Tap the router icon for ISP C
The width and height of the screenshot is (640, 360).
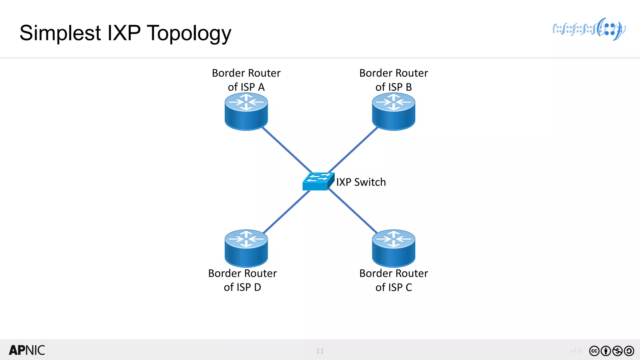pyautogui.click(x=393, y=248)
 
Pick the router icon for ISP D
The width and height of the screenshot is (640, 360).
pyautogui.click(x=246, y=248)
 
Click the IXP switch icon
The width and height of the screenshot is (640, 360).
pyautogui.click(x=318, y=182)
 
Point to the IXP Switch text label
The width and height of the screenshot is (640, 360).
pyautogui.click(x=361, y=182)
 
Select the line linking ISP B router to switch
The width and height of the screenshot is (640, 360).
pyautogui.click(x=353, y=149)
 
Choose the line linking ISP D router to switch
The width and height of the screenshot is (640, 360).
pyautogui.click(x=287, y=212)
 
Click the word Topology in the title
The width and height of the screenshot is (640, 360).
pyautogui.click(x=189, y=33)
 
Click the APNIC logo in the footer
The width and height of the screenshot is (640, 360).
pyautogui.click(x=27, y=350)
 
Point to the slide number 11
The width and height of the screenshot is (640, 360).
pyautogui.click(x=320, y=351)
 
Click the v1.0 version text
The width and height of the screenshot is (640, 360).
pyautogui.click(x=576, y=350)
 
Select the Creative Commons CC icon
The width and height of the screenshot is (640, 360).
pyautogui.click(x=594, y=351)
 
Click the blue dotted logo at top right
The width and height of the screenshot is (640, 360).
pyautogui.click(x=589, y=29)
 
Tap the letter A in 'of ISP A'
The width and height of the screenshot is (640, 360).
pyautogui.click(x=261, y=87)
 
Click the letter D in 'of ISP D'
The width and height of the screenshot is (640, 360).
pyautogui.click(x=257, y=287)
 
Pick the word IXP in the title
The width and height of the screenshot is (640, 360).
pyautogui.click(x=124, y=33)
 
